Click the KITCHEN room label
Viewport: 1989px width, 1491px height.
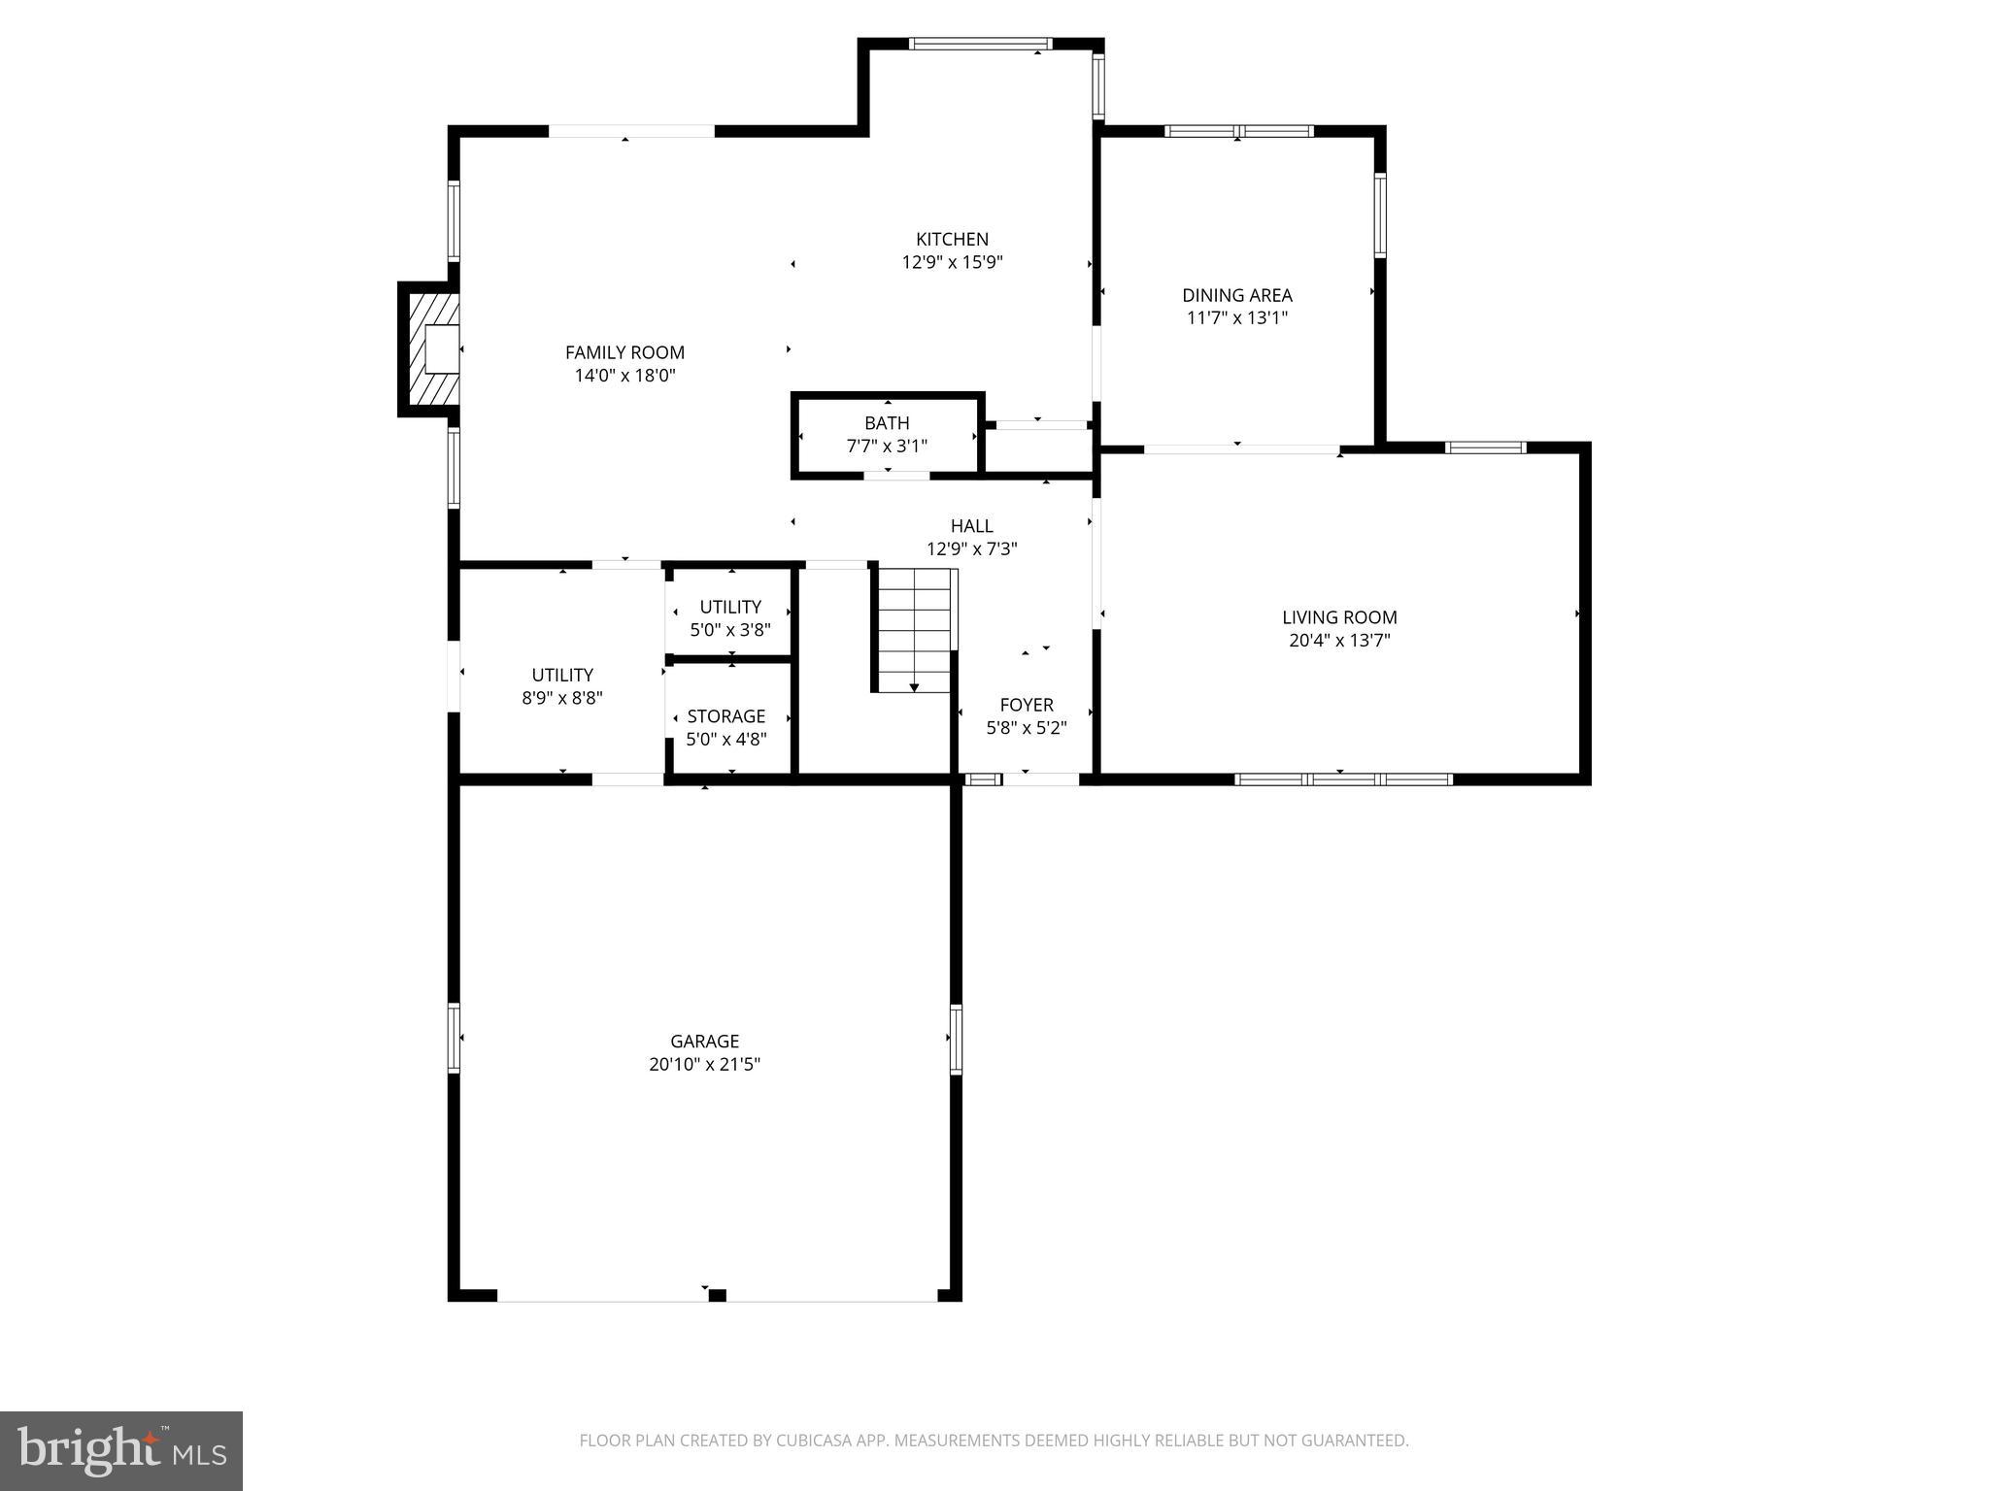tap(952, 239)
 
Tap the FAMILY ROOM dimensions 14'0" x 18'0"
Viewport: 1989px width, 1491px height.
tap(624, 376)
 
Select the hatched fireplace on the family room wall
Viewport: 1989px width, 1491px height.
tap(432, 349)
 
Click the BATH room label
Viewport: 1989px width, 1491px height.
tap(887, 423)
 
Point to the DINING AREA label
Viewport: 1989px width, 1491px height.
tap(1236, 295)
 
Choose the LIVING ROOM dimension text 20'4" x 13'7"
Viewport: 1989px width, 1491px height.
tap(1339, 640)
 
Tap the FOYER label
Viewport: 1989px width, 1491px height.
tap(1027, 705)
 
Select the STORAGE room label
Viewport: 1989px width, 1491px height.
tap(726, 716)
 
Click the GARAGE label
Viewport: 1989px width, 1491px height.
tap(704, 1042)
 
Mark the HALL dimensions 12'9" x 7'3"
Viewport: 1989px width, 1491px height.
tap(971, 548)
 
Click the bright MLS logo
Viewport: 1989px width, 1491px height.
tap(120, 1450)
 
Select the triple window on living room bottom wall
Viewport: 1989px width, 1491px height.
tap(1343, 779)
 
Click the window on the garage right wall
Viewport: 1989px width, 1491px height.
tap(956, 1039)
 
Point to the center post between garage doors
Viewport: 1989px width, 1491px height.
tap(717, 1295)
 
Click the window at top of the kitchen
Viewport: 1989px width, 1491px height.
tap(980, 44)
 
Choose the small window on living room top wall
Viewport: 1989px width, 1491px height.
tap(1485, 447)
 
